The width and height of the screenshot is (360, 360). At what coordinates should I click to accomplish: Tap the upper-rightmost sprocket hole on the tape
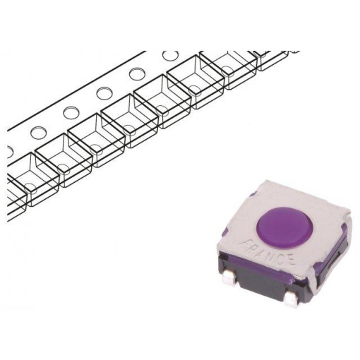pyautogui.click(x=169, y=55)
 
